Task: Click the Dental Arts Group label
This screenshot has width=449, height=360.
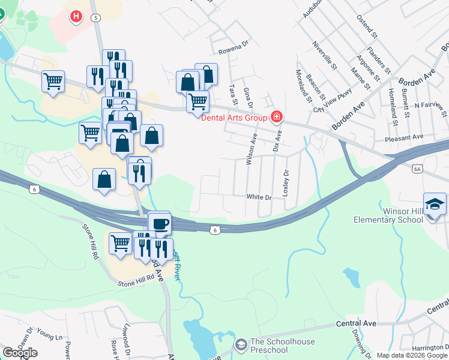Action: tap(233, 118)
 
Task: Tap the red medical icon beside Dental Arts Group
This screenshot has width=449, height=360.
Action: tap(277, 116)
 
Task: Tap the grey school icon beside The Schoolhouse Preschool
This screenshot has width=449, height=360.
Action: tap(241, 344)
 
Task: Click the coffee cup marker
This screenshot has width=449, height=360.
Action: tap(160, 224)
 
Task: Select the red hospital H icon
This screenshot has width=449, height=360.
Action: tap(76, 16)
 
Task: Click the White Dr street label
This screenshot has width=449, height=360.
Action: tap(259, 197)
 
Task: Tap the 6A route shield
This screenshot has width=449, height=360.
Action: tap(418, 169)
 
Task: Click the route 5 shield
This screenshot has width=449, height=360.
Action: tap(96, 18)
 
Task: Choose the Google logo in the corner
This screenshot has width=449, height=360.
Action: tap(20, 353)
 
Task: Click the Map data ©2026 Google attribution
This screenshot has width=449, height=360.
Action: tap(411, 355)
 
